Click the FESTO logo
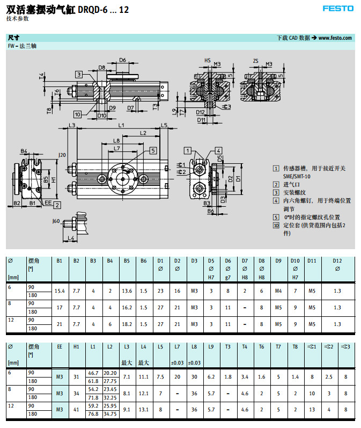click(337, 9)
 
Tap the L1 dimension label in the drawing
click(122, 126)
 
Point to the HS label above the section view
click(207, 61)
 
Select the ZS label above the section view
click(256, 61)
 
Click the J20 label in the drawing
click(62, 155)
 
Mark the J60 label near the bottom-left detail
click(56, 221)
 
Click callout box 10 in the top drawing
click(78, 114)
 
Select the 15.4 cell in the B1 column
click(60, 291)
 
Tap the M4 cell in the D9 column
click(278, 291)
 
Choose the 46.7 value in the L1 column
click(93, 373)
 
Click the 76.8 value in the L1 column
click(93, 414)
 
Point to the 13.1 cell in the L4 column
click(143, 410)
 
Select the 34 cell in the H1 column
click(76, 393)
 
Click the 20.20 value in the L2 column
click(110, 373)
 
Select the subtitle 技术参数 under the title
click(18, 19)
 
